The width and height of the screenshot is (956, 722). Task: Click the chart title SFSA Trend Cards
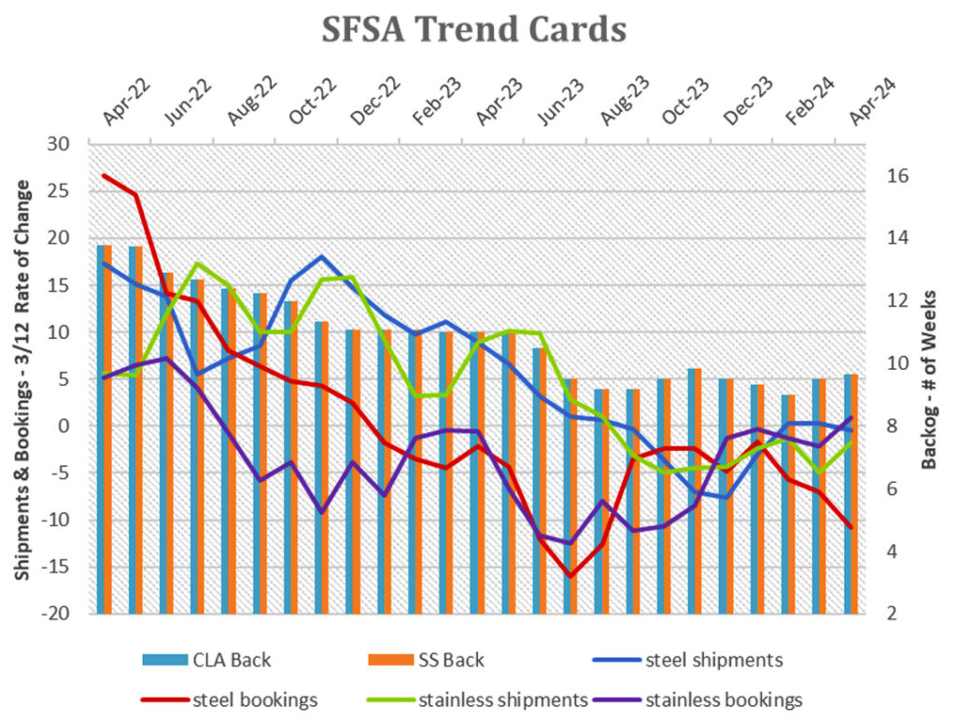[473, 30]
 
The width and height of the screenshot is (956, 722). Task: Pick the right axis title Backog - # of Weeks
[930, 378]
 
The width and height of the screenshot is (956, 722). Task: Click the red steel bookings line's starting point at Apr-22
[104, 176]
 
